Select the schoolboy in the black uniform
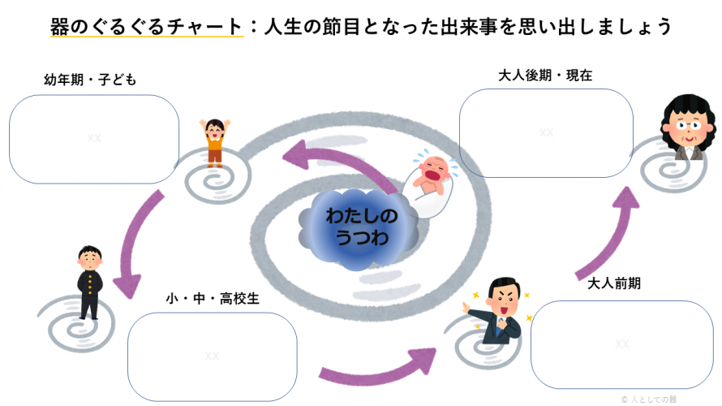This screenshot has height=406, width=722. point(88,280)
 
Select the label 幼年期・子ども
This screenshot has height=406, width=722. point(90,80)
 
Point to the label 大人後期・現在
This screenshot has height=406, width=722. point(545,76)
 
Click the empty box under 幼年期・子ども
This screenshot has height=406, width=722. point(94,138)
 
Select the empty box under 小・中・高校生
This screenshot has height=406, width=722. point(212,355)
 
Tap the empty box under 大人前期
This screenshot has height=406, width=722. point(621,343)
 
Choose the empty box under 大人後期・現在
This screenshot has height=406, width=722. point(546,132)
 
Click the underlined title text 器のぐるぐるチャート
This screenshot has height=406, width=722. point(146,26)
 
